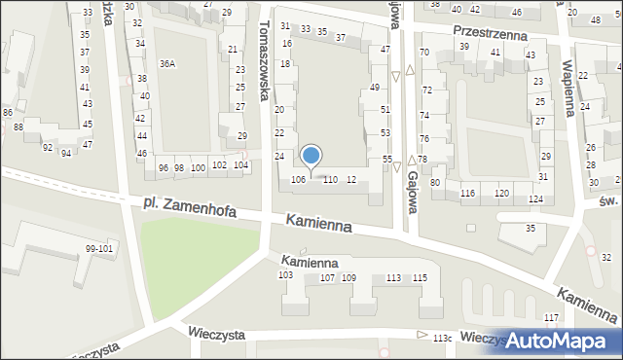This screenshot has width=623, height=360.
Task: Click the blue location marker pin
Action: coord(311,156)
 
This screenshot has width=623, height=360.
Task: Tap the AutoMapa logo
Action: coord(560,340)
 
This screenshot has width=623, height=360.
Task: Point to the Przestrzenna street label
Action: coord(490,31)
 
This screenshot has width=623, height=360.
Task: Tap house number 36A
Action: coord(167,64)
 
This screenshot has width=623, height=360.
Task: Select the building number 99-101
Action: coord(100,249)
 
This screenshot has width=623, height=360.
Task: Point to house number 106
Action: coord(299,179)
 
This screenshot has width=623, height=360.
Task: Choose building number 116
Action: coord(468,194)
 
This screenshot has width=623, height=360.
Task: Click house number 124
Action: coord(535,198)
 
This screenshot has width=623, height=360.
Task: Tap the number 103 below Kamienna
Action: coord(285,275)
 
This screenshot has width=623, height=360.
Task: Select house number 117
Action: coord(552,318)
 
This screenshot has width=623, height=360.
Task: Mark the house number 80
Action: coord(435,182)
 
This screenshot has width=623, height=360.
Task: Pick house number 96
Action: coord(164,167)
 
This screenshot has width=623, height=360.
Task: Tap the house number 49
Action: coord(375,88)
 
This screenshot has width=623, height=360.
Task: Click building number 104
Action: coord(240,165)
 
